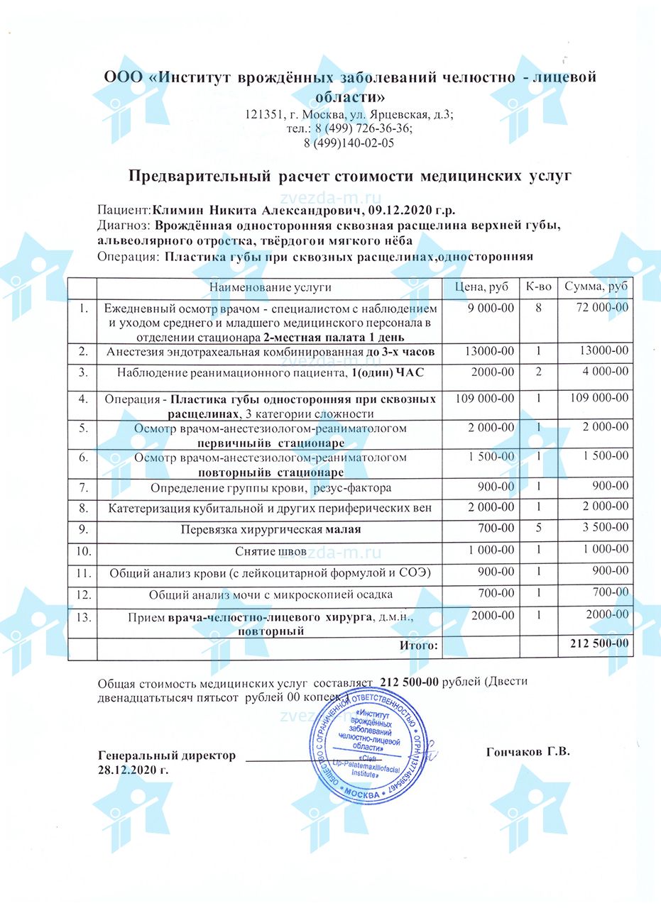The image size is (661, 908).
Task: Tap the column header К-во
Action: tap(538, 287)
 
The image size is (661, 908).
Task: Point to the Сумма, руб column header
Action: tap(596, 287)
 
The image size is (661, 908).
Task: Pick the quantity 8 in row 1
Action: tap(538, 308)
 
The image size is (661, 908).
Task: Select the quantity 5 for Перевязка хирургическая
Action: tap(538, 528)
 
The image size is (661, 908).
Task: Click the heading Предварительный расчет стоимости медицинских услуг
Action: tap(350, 175)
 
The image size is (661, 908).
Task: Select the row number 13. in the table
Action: tap(84, 617)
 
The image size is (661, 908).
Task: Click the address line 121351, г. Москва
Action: tap(349, 114)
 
